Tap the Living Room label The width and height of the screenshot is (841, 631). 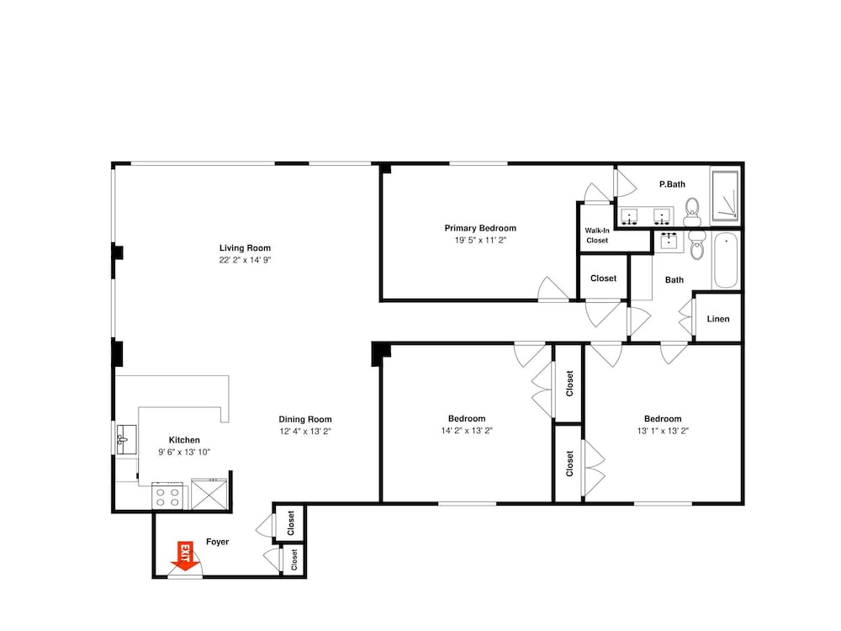point(245,248)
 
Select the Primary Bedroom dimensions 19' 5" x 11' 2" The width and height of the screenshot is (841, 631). point(480,241)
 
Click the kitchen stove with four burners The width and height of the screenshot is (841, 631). point(167,496)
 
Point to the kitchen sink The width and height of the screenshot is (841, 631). point(126,439)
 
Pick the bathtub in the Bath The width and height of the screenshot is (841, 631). point(726,260)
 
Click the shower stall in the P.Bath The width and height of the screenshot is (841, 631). point(726,195)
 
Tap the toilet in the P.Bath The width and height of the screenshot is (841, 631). point(692,212)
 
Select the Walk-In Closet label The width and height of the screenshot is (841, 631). point(597,235)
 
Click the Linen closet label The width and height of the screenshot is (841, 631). point(718,319)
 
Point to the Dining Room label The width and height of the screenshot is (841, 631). point(305,419)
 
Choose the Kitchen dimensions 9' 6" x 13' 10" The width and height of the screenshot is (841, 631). point(184,452)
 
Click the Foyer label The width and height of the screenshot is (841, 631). point(217,542)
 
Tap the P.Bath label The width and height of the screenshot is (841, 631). point(672,184)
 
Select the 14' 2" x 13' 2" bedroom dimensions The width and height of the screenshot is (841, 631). point(467,430)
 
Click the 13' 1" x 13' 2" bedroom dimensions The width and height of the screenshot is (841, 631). point(663,430)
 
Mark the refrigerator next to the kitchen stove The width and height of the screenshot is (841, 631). point(209,494)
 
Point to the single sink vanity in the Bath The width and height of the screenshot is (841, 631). point(669,241)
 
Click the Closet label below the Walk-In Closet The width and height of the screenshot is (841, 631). point(603,278)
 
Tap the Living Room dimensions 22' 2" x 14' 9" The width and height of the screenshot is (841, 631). point(245,260)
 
